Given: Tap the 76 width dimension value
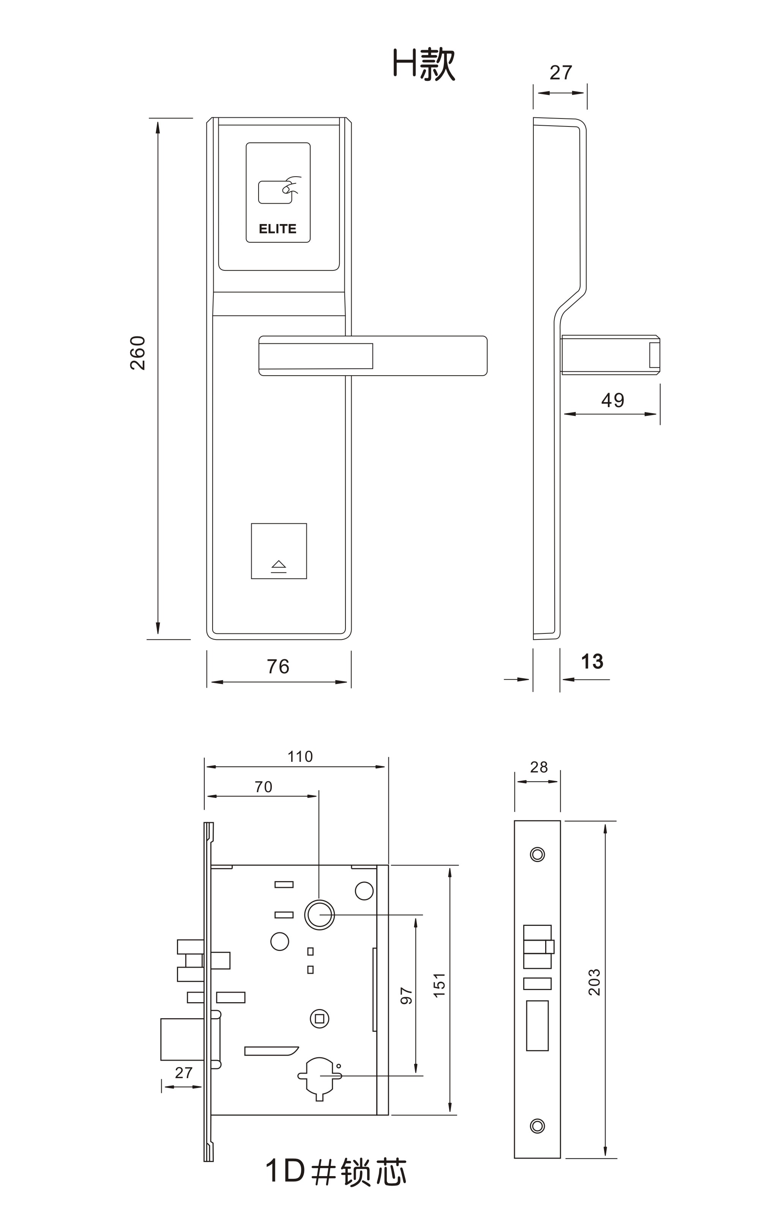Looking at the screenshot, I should (x=278, y=666).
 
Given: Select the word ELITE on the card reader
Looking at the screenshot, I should (x=278, y=229).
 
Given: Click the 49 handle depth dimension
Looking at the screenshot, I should (x=612, y=400).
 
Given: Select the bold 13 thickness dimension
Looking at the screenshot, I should (x=592, y=662).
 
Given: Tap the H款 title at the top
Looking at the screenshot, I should (x=424, y=64).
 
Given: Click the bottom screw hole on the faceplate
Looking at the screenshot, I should (x=537, y=1126).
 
